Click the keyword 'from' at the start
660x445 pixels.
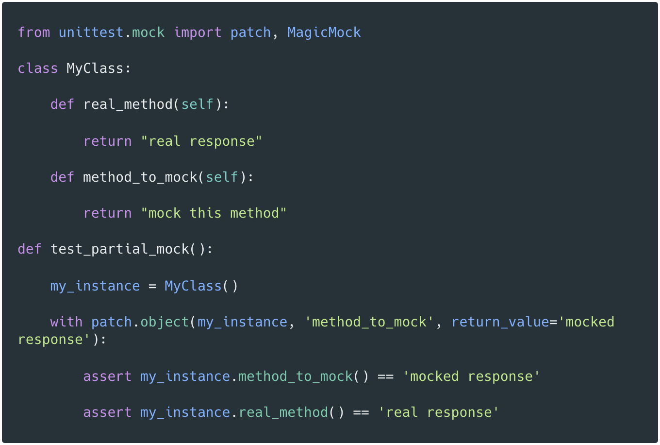[34, 33]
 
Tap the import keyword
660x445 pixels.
[198, 33]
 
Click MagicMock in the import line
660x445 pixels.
[324, 33]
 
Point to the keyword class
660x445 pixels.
[38, 68]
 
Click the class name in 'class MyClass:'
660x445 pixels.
[95, 68]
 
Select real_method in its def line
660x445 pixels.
[128, 104]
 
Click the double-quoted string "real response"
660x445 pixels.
[201, 141]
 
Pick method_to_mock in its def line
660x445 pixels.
[140, 177]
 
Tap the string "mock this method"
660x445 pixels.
[214, 213]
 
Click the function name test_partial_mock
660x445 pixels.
[119, 249]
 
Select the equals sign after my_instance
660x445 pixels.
[152, 286]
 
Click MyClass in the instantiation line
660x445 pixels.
[193, 286]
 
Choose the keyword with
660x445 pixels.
[66, 322]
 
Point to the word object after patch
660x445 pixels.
[165, 322]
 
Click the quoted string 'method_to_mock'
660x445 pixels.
[369, 322]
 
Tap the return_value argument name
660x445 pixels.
[500, 322]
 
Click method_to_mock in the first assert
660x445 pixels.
[296, 377]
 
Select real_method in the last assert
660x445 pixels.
[283, 412]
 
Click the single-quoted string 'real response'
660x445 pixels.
[439, 412]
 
